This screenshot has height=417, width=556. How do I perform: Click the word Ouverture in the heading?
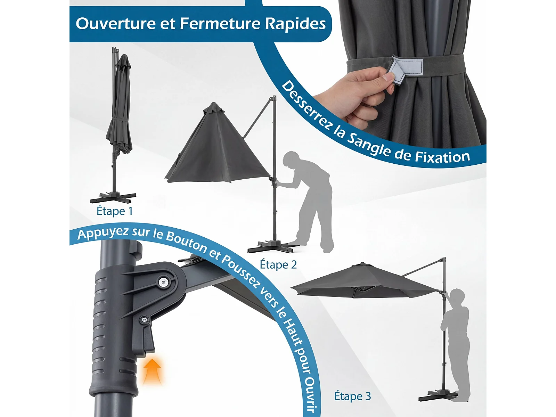[116, 24]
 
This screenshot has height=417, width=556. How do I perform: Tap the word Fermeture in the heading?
[220, 24]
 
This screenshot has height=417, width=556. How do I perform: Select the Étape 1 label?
[115, 211]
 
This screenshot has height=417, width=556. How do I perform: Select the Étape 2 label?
[278, 264]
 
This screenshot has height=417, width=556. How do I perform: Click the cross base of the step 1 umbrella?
[113, 197]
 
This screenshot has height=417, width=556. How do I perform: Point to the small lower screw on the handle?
[144, 320]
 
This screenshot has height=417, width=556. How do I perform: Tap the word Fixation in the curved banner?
[442, 157]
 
